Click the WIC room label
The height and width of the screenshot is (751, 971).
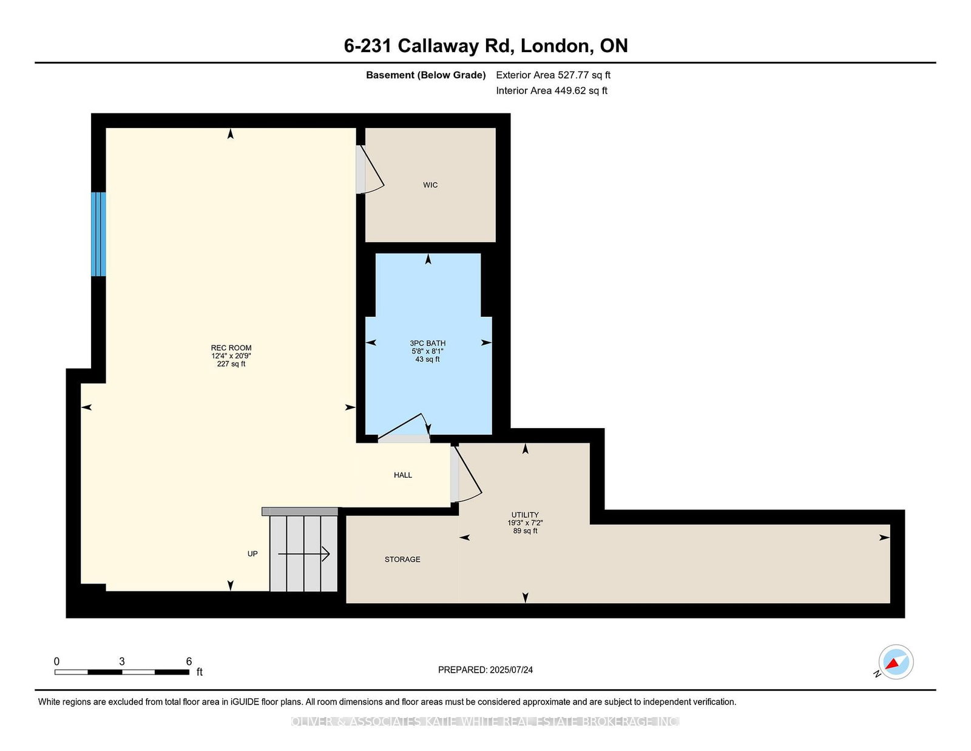430,185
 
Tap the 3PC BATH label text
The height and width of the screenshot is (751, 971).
427,343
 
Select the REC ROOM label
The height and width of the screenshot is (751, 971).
231,348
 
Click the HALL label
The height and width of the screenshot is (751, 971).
403,475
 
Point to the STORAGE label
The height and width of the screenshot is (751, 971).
402,559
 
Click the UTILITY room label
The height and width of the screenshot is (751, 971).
525,514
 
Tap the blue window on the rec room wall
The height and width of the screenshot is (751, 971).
99,234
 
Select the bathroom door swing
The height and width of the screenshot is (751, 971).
405,427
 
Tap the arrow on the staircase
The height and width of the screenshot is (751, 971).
304,554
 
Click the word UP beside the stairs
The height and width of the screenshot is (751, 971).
252,554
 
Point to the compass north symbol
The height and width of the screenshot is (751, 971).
896,662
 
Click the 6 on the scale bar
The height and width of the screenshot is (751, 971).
189,661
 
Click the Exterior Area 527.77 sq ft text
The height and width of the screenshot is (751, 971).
553,75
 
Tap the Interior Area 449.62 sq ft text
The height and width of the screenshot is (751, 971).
552,90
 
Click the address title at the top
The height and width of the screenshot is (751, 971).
486,46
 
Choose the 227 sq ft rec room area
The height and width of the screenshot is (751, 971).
231,364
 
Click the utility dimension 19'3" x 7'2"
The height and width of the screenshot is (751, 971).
525,523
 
